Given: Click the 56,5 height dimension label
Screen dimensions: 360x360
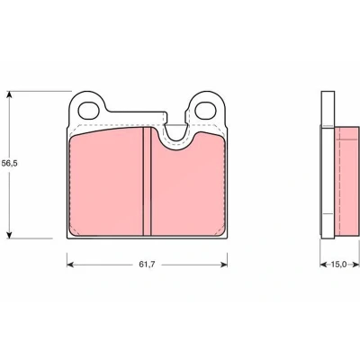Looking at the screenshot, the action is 10,164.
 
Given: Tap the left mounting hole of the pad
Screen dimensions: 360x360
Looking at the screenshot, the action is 88,110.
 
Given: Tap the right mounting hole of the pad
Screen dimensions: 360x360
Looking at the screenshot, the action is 205,110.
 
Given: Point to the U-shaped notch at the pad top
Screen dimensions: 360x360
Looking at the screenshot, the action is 175,136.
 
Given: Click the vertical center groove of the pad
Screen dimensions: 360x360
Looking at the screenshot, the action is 147,181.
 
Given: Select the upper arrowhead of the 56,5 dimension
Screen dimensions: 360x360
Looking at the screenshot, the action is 10,95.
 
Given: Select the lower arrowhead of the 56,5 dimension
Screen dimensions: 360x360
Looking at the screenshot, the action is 10,234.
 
